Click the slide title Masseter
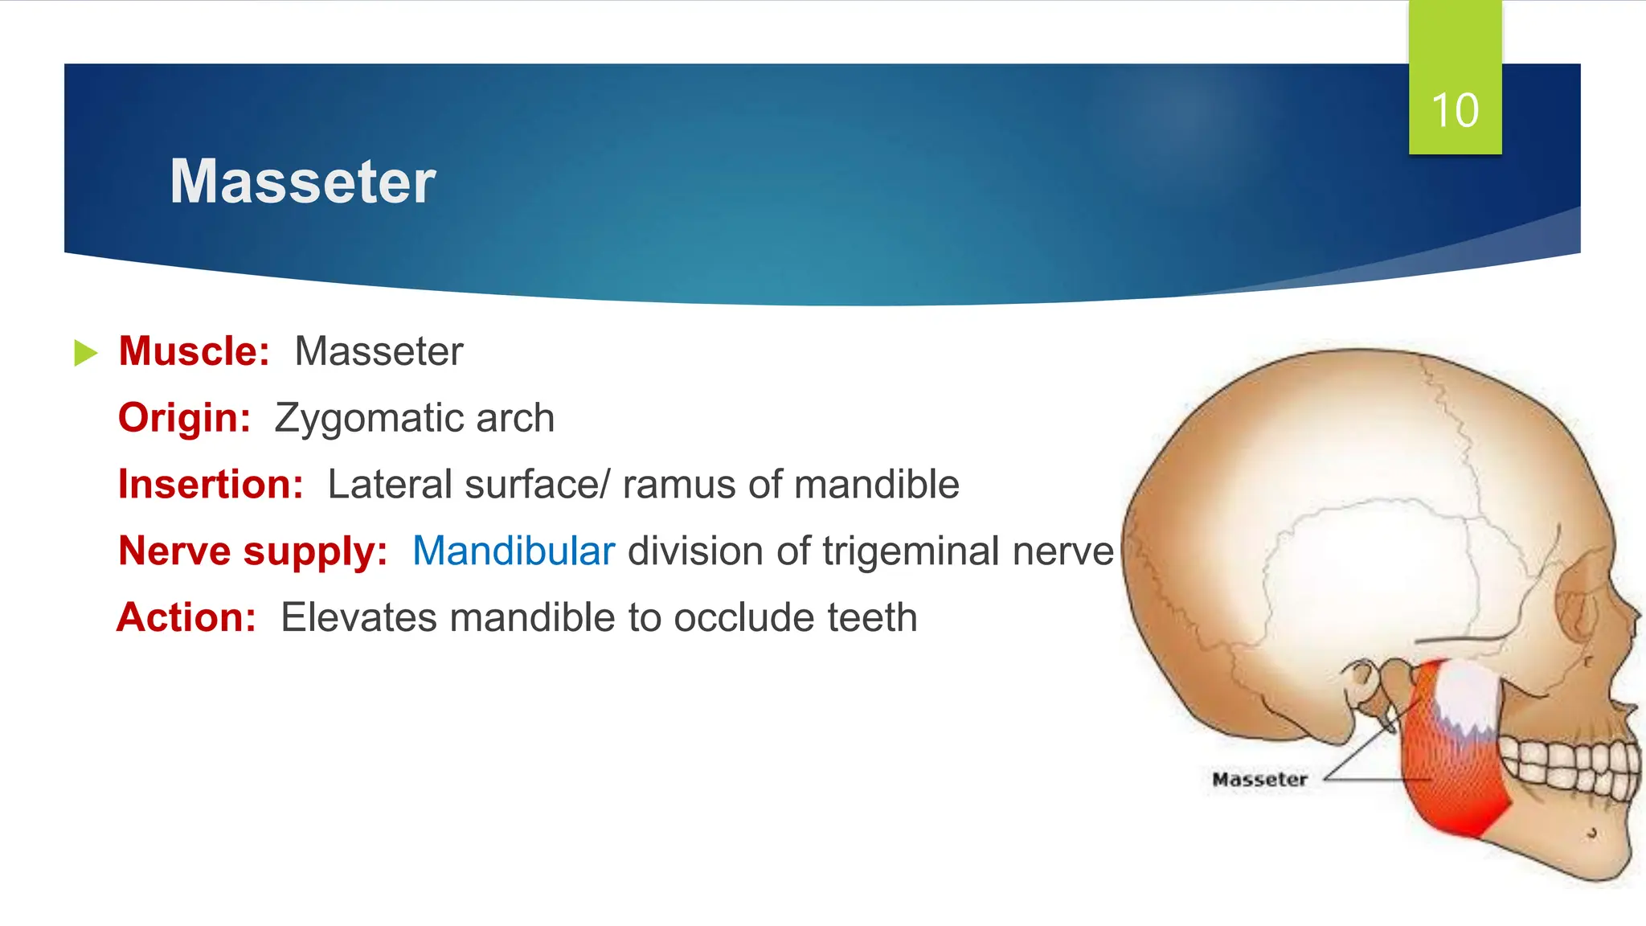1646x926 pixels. point(302,182)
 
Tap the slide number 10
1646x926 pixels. point(1455,110)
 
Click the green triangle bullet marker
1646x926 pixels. point(85,353)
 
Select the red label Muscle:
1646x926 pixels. point(194,351)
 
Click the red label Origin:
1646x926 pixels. point(184,418)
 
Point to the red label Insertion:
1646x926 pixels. point(211,485)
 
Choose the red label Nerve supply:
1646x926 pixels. point(252,551)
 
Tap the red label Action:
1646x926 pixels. point(186,618)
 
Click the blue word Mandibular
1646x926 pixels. point(513,551)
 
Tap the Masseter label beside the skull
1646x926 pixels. point(1259,779)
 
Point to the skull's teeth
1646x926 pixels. point(1567,764)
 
